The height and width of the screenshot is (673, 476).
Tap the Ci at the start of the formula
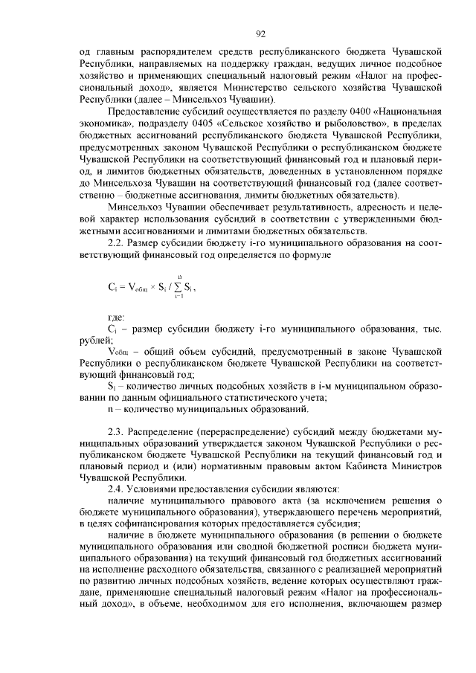tap(112, 286)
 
